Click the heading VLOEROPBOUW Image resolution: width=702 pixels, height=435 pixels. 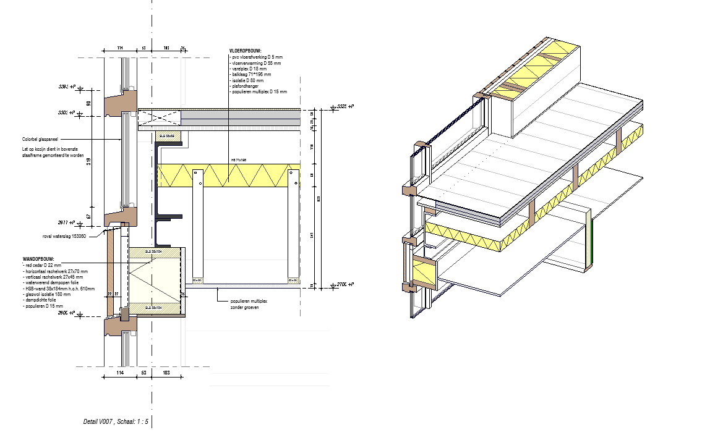point(246,50)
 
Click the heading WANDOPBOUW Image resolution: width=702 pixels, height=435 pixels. point(38,258)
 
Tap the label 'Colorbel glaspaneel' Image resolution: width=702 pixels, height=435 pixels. point(40,140)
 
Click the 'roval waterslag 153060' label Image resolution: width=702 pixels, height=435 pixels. point(64,236)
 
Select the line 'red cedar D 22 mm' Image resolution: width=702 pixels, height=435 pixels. point(41,264)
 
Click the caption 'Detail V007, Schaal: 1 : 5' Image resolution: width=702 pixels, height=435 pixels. point(116,421)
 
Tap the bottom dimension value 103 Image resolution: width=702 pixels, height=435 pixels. point(166,374)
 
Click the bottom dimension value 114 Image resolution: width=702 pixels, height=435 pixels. point(120,374)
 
